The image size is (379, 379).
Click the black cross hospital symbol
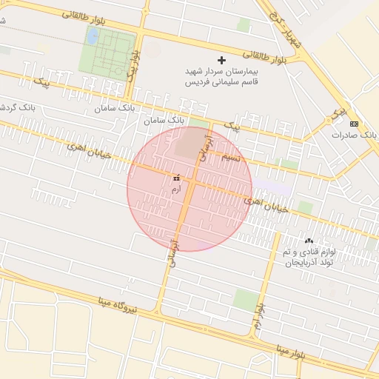coord(221,59)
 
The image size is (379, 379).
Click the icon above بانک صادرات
coord(354,124)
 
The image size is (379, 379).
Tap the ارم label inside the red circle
coord(175,190)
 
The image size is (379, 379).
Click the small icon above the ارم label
coord(176,178)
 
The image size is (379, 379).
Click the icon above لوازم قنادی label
coord(309,241)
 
